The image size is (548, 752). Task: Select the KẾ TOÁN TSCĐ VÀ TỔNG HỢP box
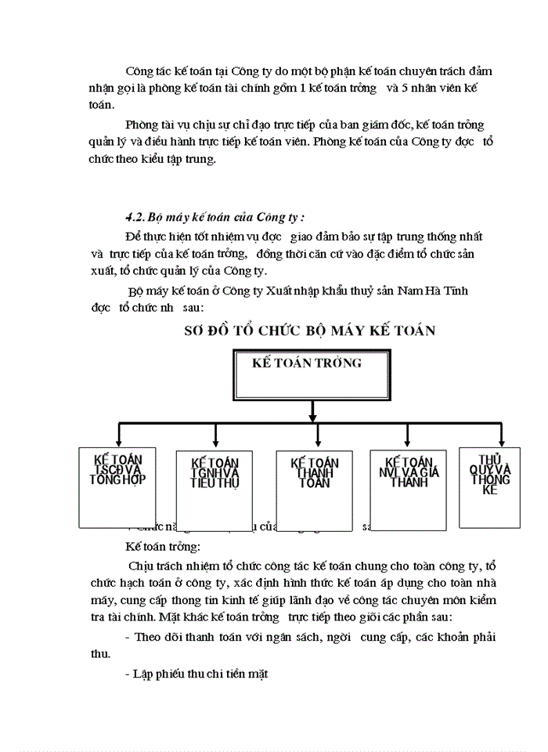(x=117, y=486)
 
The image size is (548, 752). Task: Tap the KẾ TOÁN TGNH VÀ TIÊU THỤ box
(x=215, y=490)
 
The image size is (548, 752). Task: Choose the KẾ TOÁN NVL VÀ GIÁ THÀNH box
(x=409, y=486)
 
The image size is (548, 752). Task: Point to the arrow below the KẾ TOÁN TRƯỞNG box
(x=312, y=409)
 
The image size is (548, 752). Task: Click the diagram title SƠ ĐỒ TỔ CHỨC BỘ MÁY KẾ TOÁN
(x=309, y=330)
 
